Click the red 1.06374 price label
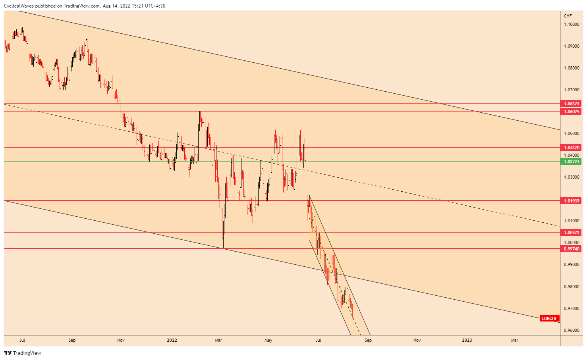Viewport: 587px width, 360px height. coord(571,104)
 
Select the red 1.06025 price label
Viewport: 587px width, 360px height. coord(571,112)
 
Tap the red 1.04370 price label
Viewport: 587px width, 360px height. coord(571,148)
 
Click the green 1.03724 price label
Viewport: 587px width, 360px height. coord(571,162)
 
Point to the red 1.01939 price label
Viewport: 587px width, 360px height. coord(571,201)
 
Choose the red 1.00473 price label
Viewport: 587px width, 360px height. coord(571,233)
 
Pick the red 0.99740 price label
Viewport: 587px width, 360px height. coord(571,249)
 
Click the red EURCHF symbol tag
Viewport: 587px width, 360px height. coord(550,318)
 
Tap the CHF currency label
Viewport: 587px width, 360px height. coord(568,16)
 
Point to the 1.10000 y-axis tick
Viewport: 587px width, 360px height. coord(571,24)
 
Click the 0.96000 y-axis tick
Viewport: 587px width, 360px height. coord(571,330)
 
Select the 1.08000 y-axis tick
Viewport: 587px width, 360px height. coord(571,68)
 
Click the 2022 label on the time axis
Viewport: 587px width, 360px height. coord(172,340)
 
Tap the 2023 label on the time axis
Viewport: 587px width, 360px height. coord(467,340)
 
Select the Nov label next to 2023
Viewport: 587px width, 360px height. coord(417,340)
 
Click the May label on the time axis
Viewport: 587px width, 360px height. coord(268,340)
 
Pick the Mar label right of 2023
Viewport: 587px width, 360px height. coord(514,340)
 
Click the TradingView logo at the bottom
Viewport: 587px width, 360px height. coord(23,353)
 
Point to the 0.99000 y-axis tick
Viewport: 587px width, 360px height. coord(571,264)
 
